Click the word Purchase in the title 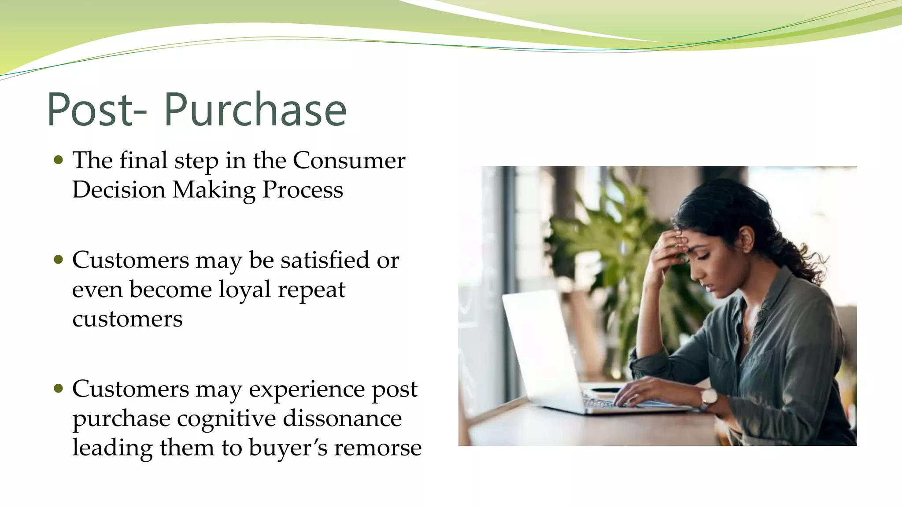click(x=255, y=110)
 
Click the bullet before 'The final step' click(x=58, y=159)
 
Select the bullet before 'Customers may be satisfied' click(x=58, y=259)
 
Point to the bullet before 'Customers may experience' click(x=58, y=388)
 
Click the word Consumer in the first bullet click(x=349, y=160)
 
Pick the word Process click(x=302, y=190)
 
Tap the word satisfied click(x=325, y=260)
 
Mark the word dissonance click(x=342, y=418)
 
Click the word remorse click(x=377, y=448)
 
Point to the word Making click(x=214, y=190)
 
